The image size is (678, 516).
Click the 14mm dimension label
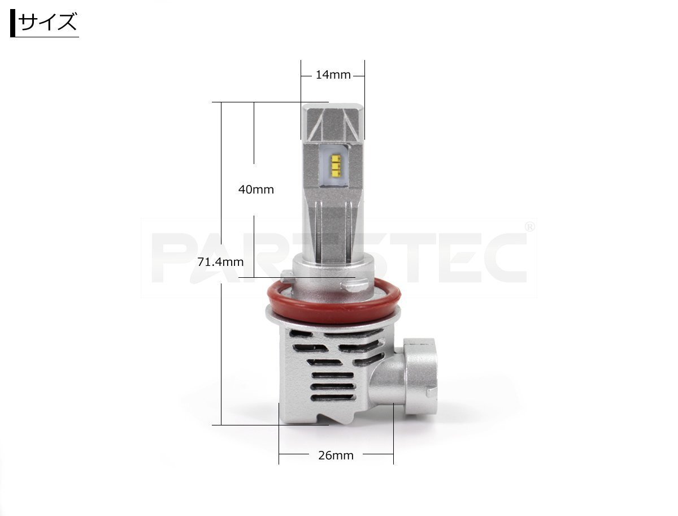coord(333,75)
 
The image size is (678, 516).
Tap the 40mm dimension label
coord(256,190)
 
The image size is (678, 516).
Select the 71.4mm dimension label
coord(220,262)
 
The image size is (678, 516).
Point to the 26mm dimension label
coord(336,455)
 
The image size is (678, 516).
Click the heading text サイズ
coord(47,21)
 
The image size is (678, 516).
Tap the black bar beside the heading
coord(12,23)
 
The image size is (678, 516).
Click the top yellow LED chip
coord(336,158)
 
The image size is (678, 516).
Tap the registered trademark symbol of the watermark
coord(529,227)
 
